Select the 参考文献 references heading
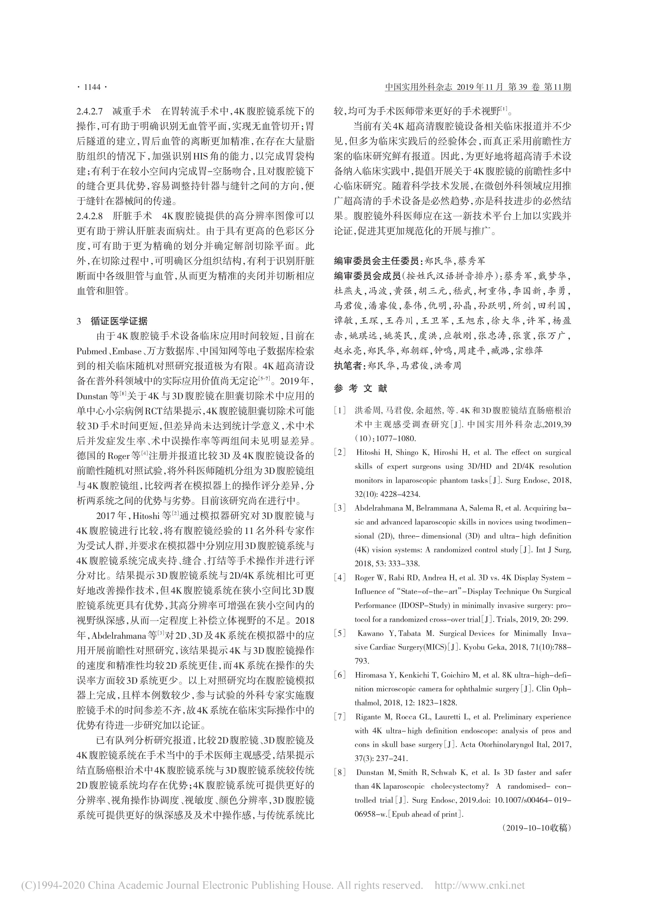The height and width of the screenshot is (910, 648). click(360, 388)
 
